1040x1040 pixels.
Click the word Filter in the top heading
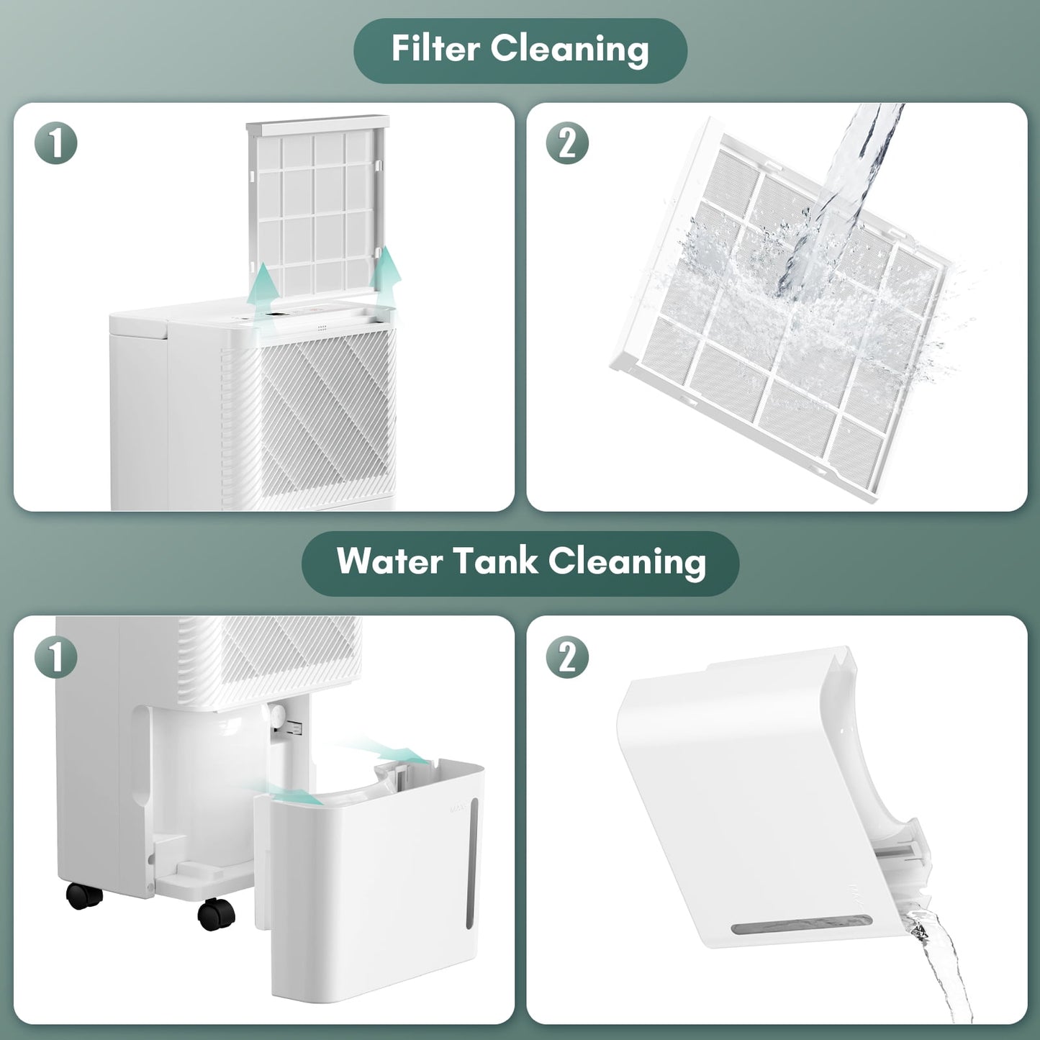pos(435,49)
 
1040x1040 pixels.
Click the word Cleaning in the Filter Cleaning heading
pos(570,49)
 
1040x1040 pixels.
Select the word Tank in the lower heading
pos(497,561)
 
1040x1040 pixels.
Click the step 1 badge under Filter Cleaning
pos(56,143)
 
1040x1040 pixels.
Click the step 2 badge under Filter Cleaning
pos(567,143)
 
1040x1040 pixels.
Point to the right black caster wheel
pos(214,915)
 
